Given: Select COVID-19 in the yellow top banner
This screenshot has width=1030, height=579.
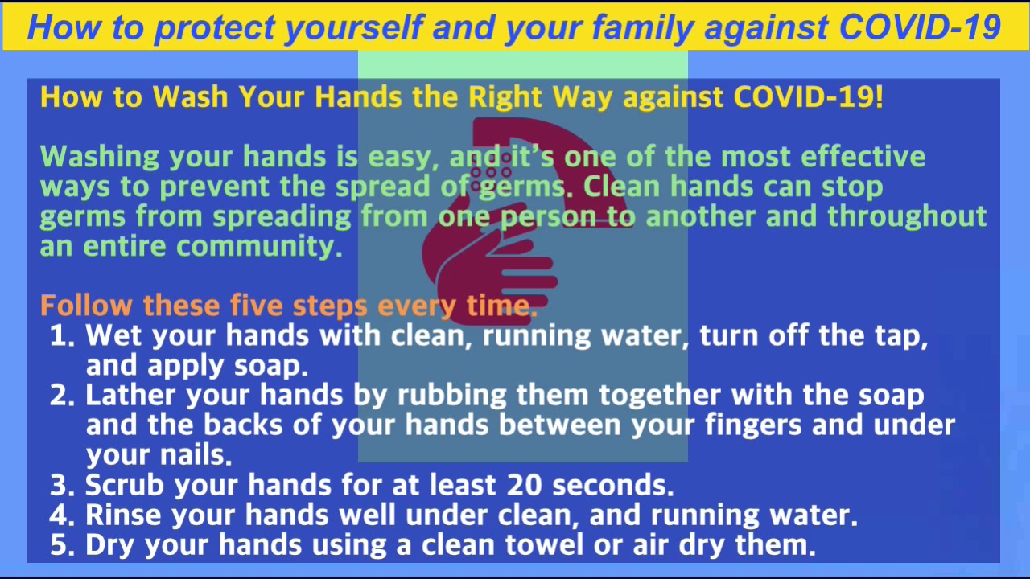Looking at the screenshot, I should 920,27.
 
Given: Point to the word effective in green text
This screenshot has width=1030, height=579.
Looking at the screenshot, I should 863,156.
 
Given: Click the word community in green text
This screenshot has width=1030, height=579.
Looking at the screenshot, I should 259,246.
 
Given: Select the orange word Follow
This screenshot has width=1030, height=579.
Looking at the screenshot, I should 86,306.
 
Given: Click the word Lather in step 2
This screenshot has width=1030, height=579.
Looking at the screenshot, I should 132,395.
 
